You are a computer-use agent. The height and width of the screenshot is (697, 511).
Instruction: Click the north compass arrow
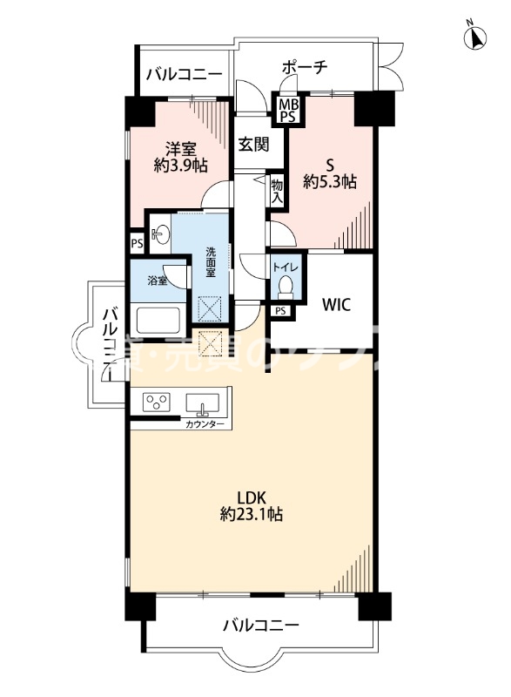click(477, 37)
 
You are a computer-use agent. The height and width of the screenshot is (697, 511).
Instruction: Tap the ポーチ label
click(305, 66)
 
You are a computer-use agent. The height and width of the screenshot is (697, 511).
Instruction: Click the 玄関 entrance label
click(254, 145)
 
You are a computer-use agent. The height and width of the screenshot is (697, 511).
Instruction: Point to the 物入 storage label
click(277, 191)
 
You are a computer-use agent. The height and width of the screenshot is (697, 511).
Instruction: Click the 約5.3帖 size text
click(329, 182)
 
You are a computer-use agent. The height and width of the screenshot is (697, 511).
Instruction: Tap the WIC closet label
click(336, 305)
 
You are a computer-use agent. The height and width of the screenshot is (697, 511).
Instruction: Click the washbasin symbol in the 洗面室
click(161, 233)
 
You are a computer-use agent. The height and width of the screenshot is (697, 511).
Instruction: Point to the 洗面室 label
click(211, 262)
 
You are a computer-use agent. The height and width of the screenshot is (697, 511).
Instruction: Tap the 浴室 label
click(157, 281)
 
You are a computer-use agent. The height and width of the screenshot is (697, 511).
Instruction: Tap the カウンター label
click(205, 424)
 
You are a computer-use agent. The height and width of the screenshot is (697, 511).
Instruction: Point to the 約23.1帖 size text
click(251, 515)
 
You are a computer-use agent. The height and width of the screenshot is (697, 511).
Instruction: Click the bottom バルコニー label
click(260, 625)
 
